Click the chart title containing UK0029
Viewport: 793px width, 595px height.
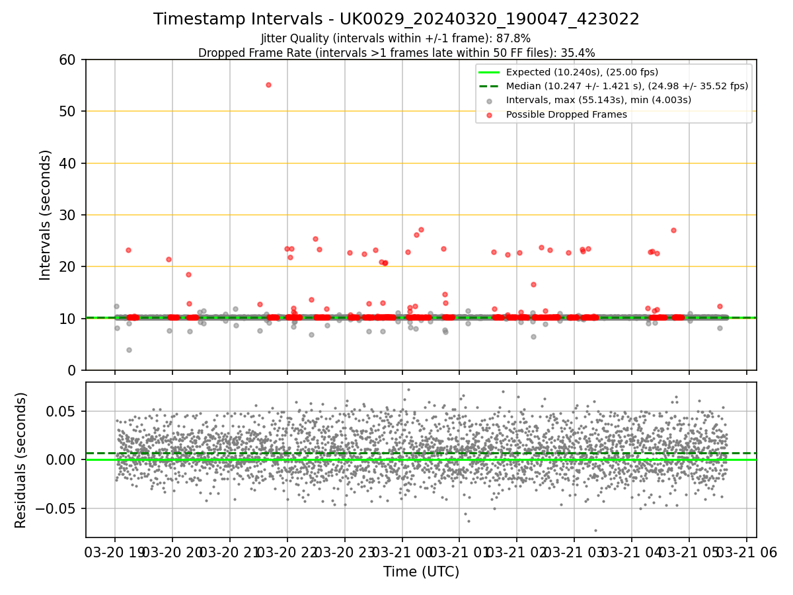coord(397,19)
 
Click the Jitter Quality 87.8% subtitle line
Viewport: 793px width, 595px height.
coord(396,38)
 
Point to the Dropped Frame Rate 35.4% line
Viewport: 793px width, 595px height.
coord(397,52)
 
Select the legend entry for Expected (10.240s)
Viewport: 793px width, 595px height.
coord(582,72)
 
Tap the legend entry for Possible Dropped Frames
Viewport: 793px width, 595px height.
coord(566,114)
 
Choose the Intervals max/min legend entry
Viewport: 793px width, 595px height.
coord(599,100)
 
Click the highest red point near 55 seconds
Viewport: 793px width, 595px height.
coord(268,85)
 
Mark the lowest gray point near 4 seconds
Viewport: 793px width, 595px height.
coord(129,350)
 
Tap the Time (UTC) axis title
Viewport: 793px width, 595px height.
coord(421,572)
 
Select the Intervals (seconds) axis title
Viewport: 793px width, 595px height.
coord(45,215)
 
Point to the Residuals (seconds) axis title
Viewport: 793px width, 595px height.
coord(21,459)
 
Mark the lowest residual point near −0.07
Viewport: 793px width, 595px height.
coord(595,530)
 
